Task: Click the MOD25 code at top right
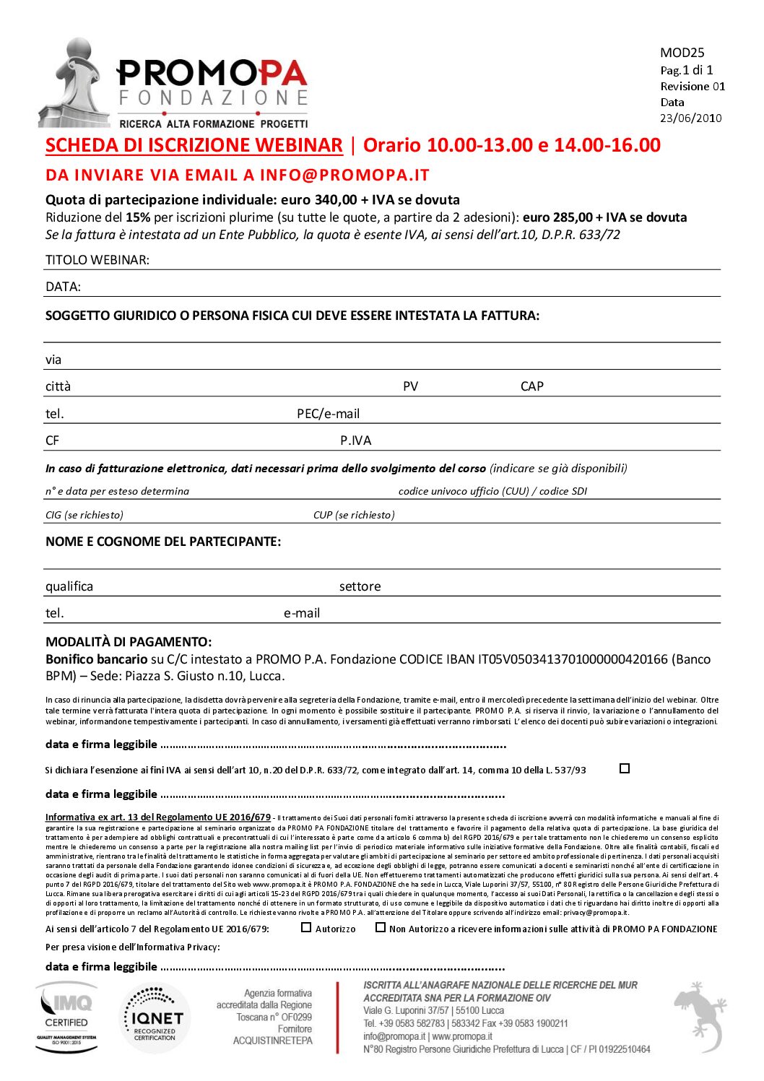pos(682,53)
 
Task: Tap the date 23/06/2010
pos(690,118)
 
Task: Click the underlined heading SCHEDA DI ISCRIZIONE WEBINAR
pos(194,145)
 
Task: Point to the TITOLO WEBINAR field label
pos(97,260)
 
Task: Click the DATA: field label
pos(63,287)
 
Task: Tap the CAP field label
pos(531,386)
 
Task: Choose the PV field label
pos(410,386)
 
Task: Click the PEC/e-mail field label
pos(328,414)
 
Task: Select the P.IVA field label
pos(355,440)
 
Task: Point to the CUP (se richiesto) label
pos(354,515)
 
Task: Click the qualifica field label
pos(69,586)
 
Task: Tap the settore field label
pos(360,586)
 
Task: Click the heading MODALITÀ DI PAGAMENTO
pos(129,642)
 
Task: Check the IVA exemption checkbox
pos(625,768)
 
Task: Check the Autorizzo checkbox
pos(306,927)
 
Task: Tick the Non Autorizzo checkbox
pos(381,927)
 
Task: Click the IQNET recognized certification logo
pos(155,1017)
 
